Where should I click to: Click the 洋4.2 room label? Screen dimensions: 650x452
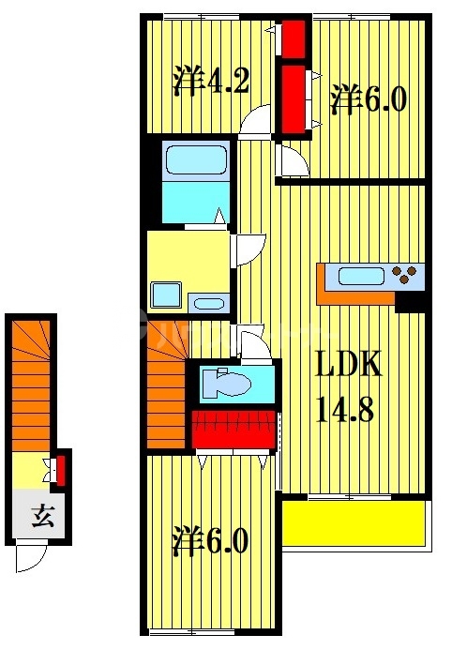click(211, 82)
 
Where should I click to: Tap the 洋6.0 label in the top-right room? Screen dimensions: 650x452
click(369, 98)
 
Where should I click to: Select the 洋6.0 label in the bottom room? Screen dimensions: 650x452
click(211, 541)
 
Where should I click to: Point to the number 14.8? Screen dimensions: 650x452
click(348, 410)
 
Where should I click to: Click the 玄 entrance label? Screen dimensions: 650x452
click(40, 515)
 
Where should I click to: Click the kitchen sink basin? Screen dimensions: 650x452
click(358, 276)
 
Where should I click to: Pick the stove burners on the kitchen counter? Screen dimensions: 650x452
click(407, 275)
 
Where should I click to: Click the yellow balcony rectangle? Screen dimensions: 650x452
click(354, 522)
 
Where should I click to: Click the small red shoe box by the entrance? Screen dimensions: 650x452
click(62, 470)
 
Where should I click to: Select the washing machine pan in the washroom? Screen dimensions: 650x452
click(166, 295)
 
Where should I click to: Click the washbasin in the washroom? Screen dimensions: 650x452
click(206, 302)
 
